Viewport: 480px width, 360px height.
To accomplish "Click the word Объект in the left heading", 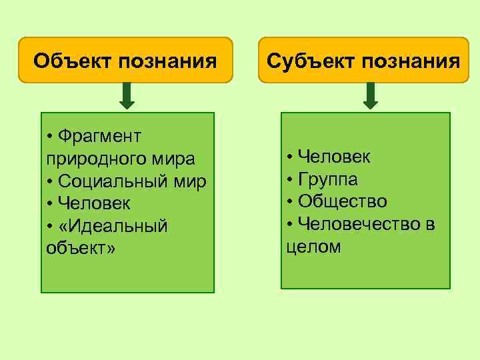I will point(73,62).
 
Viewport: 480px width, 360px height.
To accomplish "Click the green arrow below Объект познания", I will point(127,96).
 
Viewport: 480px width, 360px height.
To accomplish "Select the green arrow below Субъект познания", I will point(371,96).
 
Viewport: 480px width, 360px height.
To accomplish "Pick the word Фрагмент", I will point(99,137).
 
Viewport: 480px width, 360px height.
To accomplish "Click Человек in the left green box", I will point(94,203).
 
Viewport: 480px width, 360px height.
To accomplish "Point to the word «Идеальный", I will point(113,226).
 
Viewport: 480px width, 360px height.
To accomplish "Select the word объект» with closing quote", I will point(81,248).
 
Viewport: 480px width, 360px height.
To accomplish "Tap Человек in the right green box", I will point(335,157).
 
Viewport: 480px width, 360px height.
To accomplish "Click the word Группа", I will point(328,179).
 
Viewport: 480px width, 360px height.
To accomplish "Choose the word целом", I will point(313,247).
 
